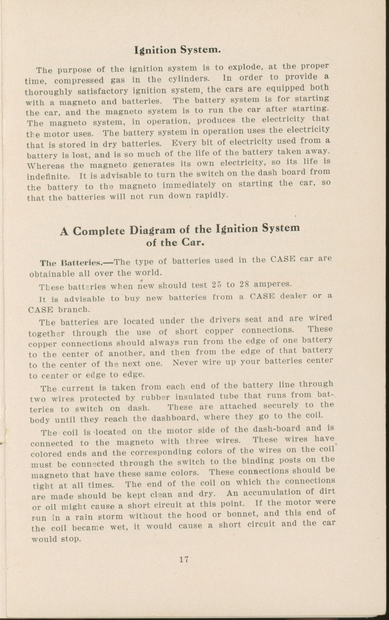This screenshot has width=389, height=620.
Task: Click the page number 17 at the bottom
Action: tap(184, 559)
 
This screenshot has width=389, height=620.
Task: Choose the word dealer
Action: tap(293, 296)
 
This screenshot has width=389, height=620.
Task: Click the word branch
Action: tap(74, 309)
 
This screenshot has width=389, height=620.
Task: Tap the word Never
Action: tap(185, 363)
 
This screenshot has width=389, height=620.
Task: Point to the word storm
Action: tap(111, 516)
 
